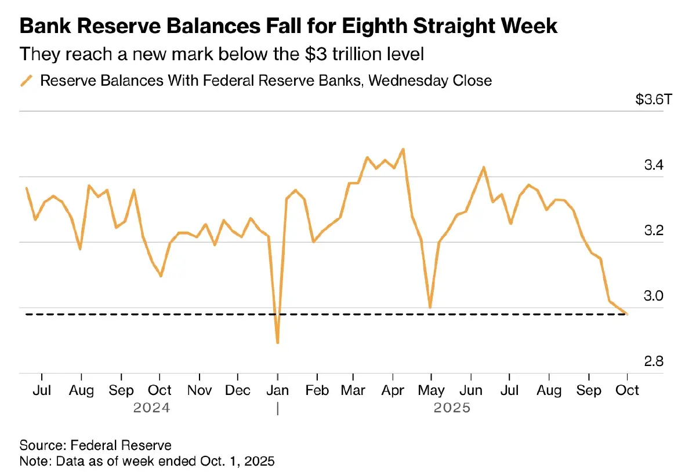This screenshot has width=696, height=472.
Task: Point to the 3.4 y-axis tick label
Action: tap(653, 166)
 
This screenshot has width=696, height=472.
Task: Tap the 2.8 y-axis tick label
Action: tap(653, 362)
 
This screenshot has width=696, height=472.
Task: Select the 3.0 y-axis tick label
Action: tap(653, 297)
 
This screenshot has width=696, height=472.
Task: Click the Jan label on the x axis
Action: tap(278, 390)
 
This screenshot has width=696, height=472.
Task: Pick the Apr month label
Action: tap(393, 390)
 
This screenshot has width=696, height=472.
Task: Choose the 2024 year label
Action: tap(151, 408)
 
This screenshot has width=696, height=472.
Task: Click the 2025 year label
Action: tap(452, 408)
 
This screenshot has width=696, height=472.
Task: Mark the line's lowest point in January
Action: tap(278, 343)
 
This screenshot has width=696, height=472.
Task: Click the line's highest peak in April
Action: tap(403, 149)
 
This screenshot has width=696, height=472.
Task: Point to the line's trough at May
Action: tap(430, 307)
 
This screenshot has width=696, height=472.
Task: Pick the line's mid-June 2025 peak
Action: tap(483, 167)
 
